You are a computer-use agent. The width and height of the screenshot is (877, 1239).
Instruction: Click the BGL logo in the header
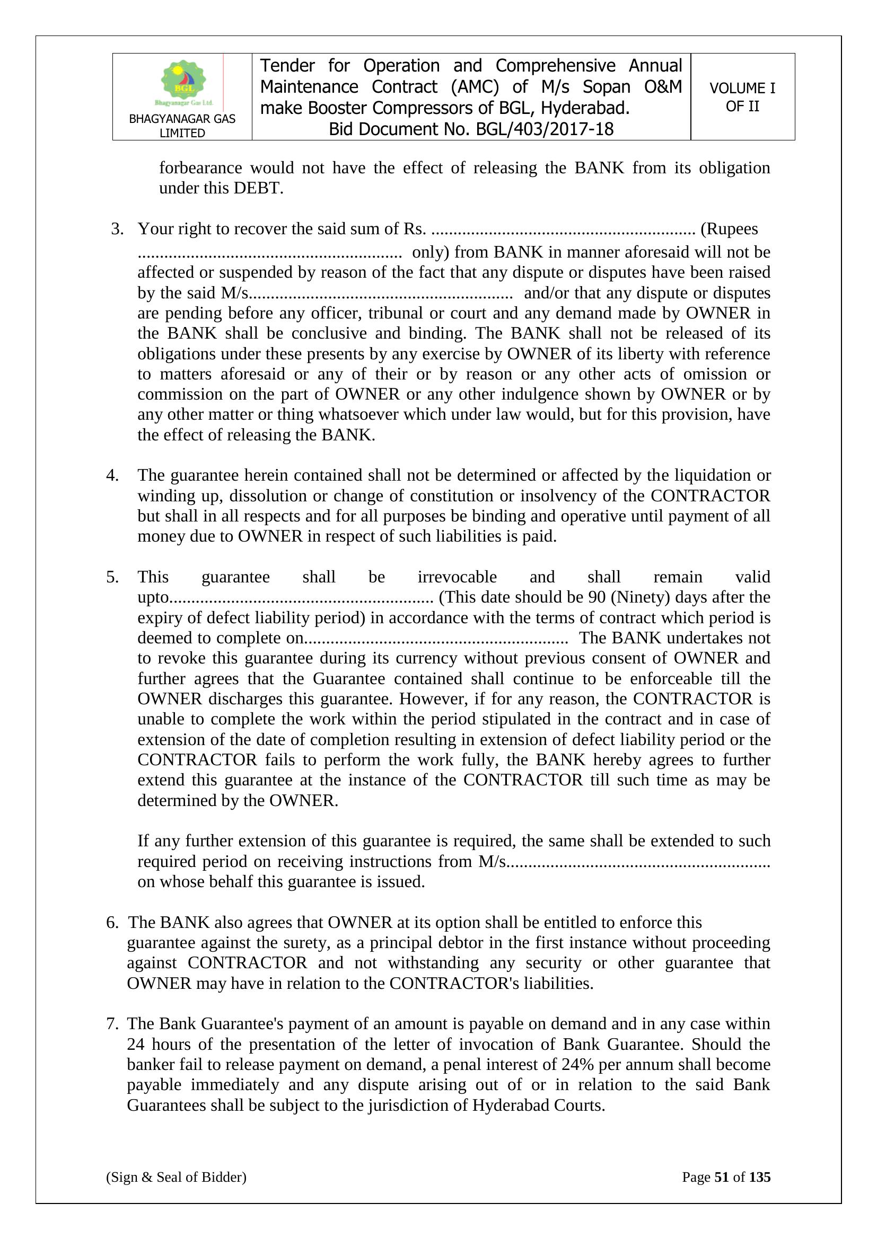[183, 83]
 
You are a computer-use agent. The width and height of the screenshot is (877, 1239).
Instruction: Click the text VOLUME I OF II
[742, 97]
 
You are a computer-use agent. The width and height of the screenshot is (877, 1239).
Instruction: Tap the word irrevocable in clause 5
[457, 577]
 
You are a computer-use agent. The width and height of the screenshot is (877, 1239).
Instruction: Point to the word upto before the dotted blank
[153, 597]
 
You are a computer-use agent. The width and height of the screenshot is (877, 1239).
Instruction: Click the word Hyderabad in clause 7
[511, 1105]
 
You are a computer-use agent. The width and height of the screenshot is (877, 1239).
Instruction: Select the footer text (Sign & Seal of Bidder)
[176, 1177]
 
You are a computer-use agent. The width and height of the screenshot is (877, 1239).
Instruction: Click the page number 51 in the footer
[722, 1177]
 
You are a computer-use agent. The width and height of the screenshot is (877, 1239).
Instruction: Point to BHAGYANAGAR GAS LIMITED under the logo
[182, 126]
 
